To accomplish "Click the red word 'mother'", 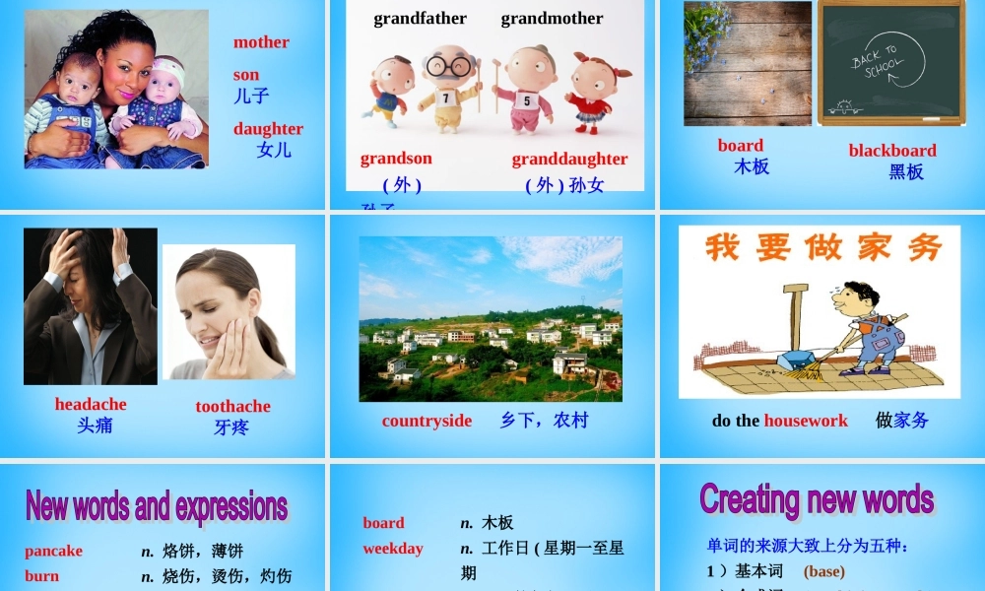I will click(x=261, y=42).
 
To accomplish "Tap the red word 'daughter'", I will click(x=268, y=129).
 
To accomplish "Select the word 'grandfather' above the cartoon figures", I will click(x=420, y=19).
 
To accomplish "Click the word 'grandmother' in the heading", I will click(x=552, y=19).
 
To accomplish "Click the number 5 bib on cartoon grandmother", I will click(x=527, y=100).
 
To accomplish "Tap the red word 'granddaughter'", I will click(x=569, y=160).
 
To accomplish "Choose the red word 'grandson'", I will click(x=396, y=159).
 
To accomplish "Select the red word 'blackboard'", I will click(x=892, y=151).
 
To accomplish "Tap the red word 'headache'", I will click(x=91, y=405).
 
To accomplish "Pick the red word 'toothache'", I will click(x=232, y=407).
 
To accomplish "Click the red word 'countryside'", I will click(x=427, y=422).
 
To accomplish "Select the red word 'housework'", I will click(x=805, y=422).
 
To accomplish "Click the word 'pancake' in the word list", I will click(x=54, y=552).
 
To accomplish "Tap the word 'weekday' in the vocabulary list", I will click(x=392, y=549).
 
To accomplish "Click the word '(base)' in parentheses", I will click(x=824, y=571).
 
